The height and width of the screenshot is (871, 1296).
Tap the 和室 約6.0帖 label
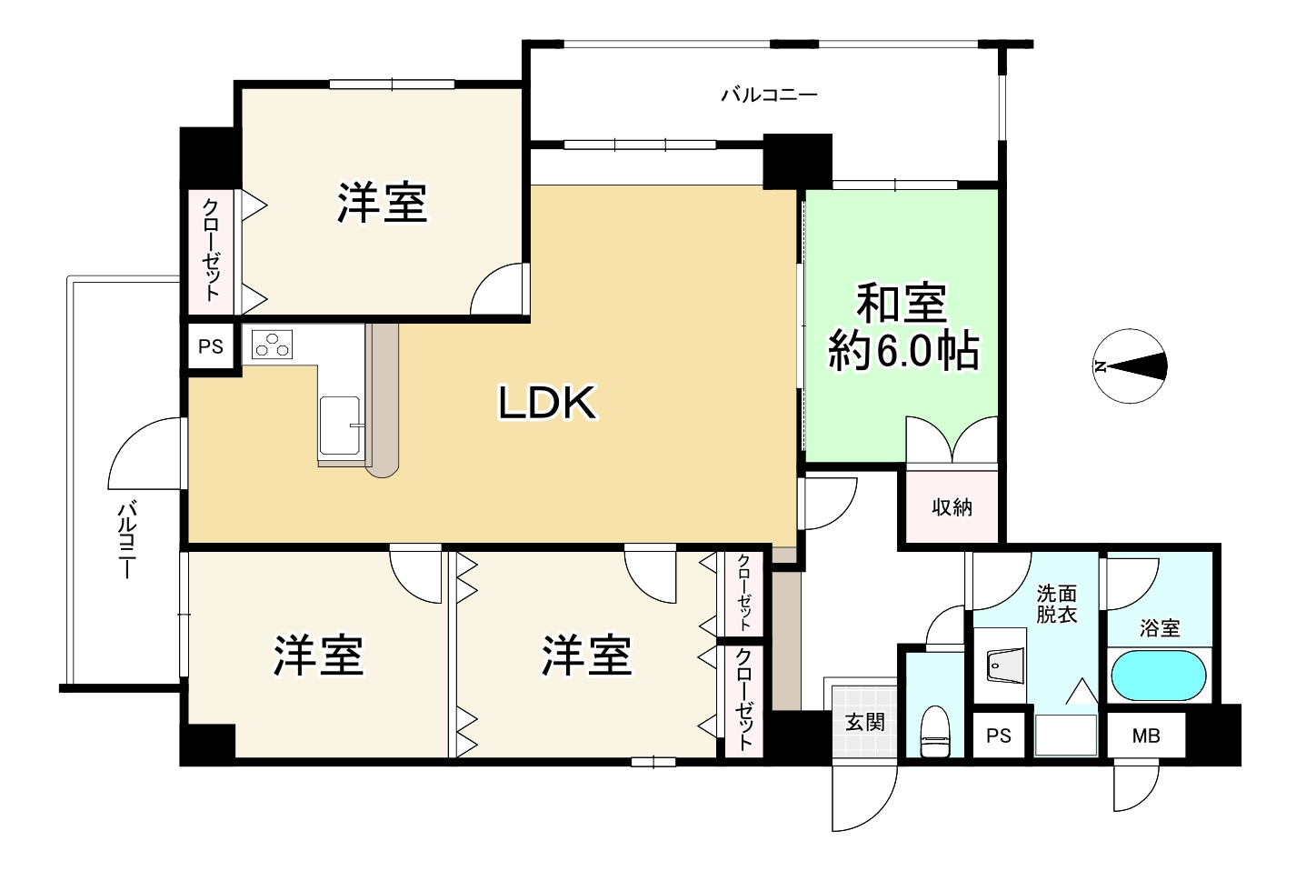903,327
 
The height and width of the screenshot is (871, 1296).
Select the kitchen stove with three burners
272,345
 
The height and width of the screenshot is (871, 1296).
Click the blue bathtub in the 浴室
1159,676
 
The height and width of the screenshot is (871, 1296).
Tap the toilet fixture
934,732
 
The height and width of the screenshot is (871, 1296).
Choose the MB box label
1145,736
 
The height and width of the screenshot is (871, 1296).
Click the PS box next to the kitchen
211,346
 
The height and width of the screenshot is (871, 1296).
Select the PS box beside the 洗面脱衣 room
999,736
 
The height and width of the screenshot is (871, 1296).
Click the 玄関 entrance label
865,722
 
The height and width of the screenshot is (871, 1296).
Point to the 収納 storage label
952,507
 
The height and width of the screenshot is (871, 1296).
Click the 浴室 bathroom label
1160,628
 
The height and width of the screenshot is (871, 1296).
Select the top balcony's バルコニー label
769,95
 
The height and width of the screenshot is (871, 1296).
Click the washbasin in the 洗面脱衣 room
1006,666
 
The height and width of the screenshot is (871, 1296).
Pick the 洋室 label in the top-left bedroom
383,202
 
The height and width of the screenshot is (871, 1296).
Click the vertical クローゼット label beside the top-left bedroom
211,250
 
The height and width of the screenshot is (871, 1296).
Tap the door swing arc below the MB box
1136,789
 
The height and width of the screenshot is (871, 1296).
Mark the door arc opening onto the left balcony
145,453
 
